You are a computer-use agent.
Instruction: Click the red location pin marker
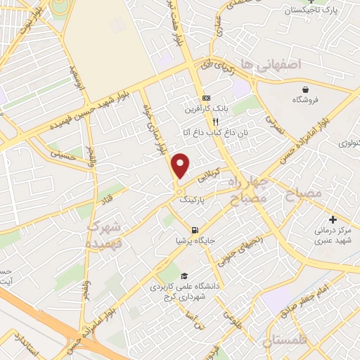click(181, 165)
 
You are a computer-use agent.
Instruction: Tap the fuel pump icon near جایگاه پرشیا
click(194, 230)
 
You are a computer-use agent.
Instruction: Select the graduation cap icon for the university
click(184, 276)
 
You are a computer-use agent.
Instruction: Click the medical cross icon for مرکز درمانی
click(333, 220)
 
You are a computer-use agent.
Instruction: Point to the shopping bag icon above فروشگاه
click(307, 89)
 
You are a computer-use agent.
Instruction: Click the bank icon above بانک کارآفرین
click(206, 98)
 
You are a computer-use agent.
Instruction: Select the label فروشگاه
click(307, 100)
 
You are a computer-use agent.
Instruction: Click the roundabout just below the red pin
click(181, 191)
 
